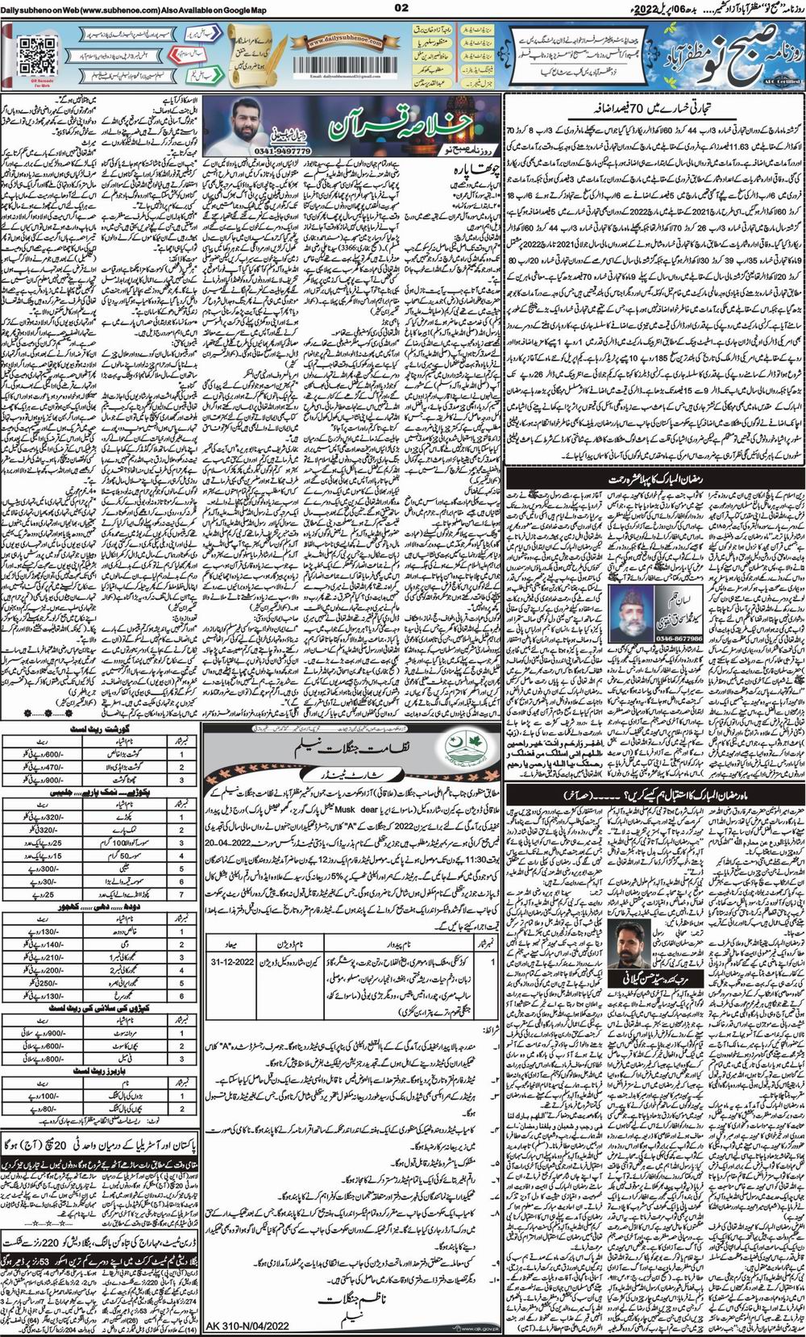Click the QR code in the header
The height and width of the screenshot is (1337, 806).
point(31,52)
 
